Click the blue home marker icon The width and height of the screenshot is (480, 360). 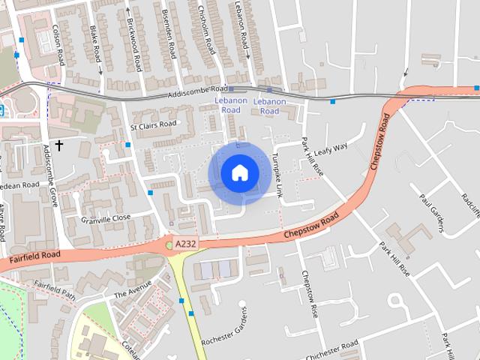click(x=239, y=172)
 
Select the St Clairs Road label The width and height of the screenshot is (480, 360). click(x=153, y=126)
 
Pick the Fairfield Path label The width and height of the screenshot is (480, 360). click(x=54, y=290)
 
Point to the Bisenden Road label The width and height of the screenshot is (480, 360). click(x=169, y=34)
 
